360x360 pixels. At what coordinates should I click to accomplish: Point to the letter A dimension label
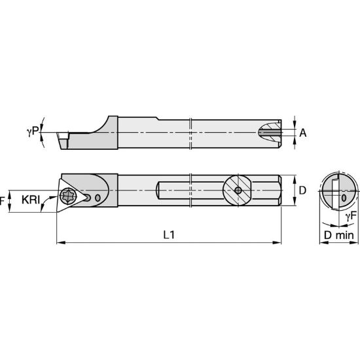click(x=302, y=133)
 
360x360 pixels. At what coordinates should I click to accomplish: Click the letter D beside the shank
click(x=302, y=190)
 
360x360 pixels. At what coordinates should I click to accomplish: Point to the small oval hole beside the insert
click(x=98, y=198)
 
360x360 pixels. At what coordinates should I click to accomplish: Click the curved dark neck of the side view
click(x=103, y=126)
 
